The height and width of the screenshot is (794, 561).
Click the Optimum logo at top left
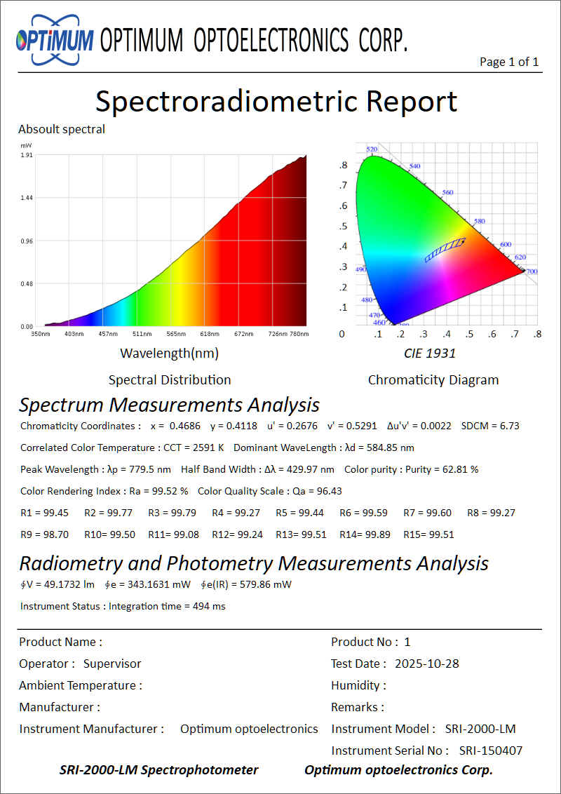click(55, 39)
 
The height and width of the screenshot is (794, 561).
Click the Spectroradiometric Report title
click(276, 101)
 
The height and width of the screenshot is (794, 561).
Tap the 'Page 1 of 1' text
click(509, 62)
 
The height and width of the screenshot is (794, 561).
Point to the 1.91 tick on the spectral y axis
click(27, 155)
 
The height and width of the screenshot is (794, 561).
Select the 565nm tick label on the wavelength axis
click(176, 334)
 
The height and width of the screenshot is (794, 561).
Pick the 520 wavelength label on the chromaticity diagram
click(372, 149)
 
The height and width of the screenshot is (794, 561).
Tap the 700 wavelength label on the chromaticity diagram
click(532, 271)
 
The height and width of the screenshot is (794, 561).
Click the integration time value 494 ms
click(209, 606)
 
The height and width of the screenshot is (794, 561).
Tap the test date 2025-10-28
click(427, 664)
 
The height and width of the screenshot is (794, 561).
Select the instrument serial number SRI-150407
click(491, 751)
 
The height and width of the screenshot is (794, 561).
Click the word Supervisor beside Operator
click(112, 664)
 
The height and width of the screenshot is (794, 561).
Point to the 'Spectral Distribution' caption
click(170, 380)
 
